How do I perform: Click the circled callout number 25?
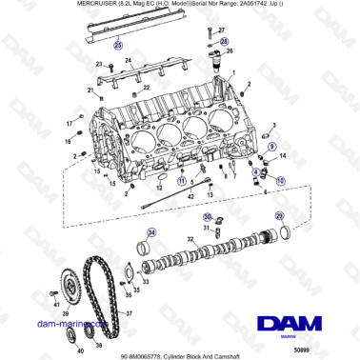pyautogui.click(x=118, y=45)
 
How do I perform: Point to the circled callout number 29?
pyautogui.click(x=278, y=216)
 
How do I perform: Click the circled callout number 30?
pyautogui.click(x=206, y=216)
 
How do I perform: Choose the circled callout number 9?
pyautogui.click(x=271, y=148)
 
